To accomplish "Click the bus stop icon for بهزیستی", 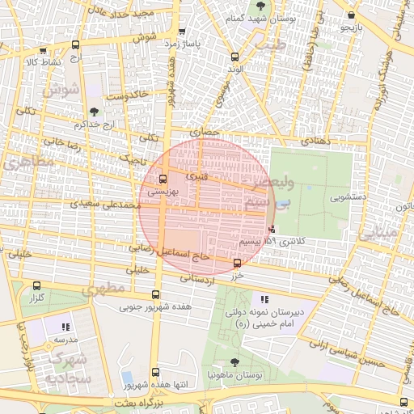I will coord(164,179).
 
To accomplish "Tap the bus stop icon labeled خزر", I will coord(237,263).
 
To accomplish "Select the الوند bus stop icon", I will coord(235,57).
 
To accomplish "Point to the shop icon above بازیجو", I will coord(350,15).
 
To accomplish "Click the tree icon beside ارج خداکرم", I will coord(95,112).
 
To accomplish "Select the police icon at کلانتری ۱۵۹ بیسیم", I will coord(271,229).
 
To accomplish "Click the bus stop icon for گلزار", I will coord(36,285).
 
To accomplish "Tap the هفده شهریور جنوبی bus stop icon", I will coord(155,294).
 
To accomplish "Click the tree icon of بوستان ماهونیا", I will coord(234,363).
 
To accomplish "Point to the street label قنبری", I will coord(196,175).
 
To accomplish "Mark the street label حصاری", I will coord(205,131).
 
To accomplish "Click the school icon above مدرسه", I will coord(66,327).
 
